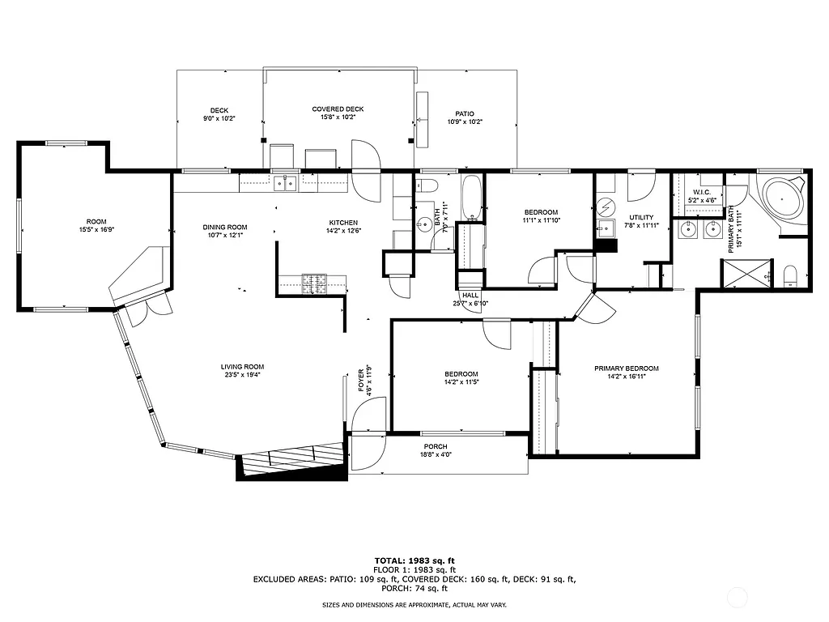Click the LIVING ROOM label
pyautogui.click(x=243, y=366)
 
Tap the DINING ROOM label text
pyautogui.click(x=224, y=227)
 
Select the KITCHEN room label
pyautogui.click(x=342, y=223)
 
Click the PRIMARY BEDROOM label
pyautogui.click(x=626, y=368)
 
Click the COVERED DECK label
pyautogui.click(x=338, y=109)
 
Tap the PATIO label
pyautogui.click(x=465, y=113)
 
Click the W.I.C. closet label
pyautogui.click(x=701, y=192)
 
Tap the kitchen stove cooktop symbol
pyautogui.click(x=313, y=283)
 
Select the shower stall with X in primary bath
pyautogui.click(x=746, y=274)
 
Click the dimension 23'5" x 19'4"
pyautogui.click(x=243, y=375)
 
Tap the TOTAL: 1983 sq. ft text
pyautogui.click(x=414, y=560)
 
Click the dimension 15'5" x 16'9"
pyautogui.click(x=96, y=229)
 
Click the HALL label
pyautogui.click(x=470, y=295)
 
